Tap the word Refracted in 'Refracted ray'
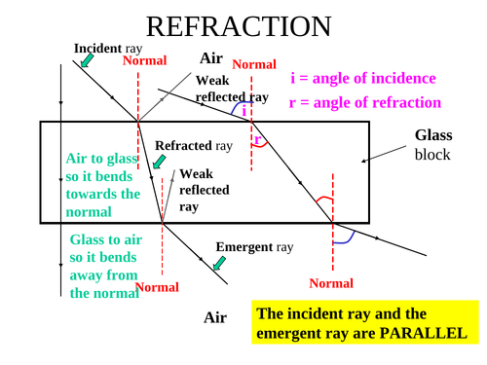[x=184, y=146]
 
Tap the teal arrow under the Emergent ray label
[x=219, y=262]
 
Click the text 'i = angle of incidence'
[x=362, y=79]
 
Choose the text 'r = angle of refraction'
[x=365, y=102]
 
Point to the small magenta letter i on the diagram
[x=243, y=110]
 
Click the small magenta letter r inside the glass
[x=256, y=138]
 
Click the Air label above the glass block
[x=212, y=59]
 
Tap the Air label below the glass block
[x=215, y=317]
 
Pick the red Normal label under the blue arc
[x=331, y=283]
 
